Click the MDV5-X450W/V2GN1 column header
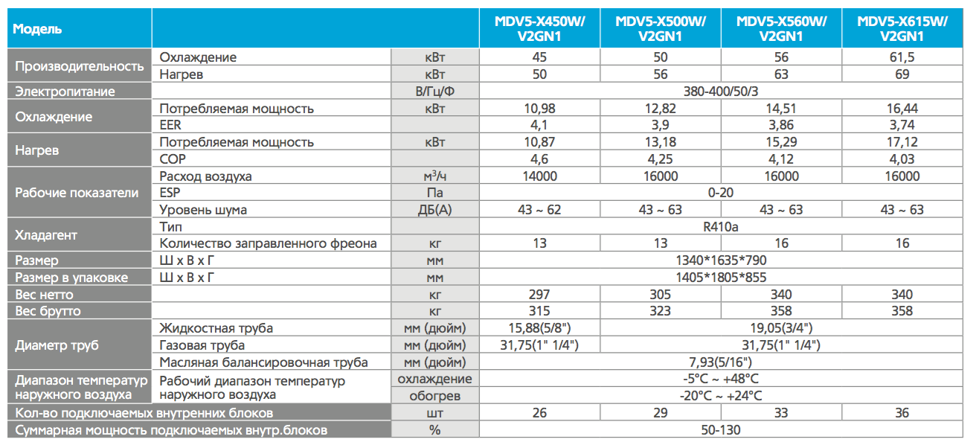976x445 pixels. pyautogui.click(x=539, y=29)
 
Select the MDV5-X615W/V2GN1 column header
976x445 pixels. pyautogui.click(x=902, y=29)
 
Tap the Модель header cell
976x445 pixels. pyautogui.click(x=37, y=29)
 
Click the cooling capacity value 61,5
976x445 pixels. pyautogui.click(x=902, y=57)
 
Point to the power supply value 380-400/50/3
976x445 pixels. pyautogui.click(x=721, y=91)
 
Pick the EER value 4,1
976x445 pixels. pyautogui.click(x=539, y=125)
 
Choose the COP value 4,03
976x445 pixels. pyautogui.click(x=902, y=159)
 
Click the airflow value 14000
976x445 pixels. pyautogui.click(x=539, y=176)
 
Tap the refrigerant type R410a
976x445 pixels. pyautogui.click(x=721, y=227)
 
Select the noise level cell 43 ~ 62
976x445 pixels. pyautogui.click(x=539, y=210)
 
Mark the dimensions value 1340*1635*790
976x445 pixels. pyautogui.click(x=721, y=260)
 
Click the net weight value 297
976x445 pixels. pyautogui.click(x=539, y=295)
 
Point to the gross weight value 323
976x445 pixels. pyautogui.click(x=661, y=311)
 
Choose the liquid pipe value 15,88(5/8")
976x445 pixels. pyautogui.click(x=539, y=328)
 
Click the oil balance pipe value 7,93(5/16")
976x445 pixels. pyautogui.click(x=721, y=362)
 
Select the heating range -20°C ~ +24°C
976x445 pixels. pyautogui.click(x=721, y=396)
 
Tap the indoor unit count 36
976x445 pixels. pyautogui.click(x=902, y=413)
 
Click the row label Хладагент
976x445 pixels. pyautogui.click(x=46, y=235)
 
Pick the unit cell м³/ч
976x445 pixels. pyautogui.click(x=435, y=176)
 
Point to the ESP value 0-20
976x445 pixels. pyautogui.click(x=721, y=193)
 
